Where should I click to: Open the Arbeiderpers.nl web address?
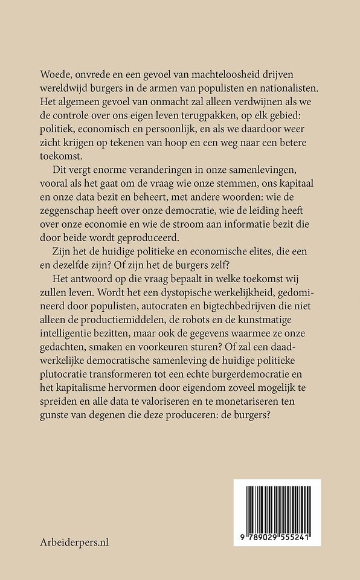pyautogui.click(x=76, y=541)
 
